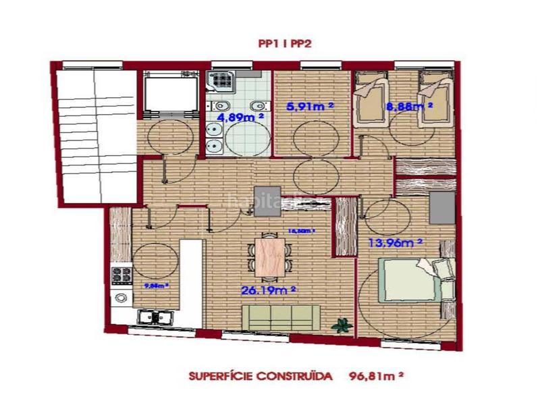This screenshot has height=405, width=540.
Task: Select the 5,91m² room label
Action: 310,106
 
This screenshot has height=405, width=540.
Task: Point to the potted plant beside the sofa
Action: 344,323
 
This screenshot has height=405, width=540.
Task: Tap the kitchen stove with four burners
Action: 122,275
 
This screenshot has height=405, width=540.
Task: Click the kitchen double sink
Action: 155,316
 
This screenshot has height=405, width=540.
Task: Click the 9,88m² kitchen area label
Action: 157,286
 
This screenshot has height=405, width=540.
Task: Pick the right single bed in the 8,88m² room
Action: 434,101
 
